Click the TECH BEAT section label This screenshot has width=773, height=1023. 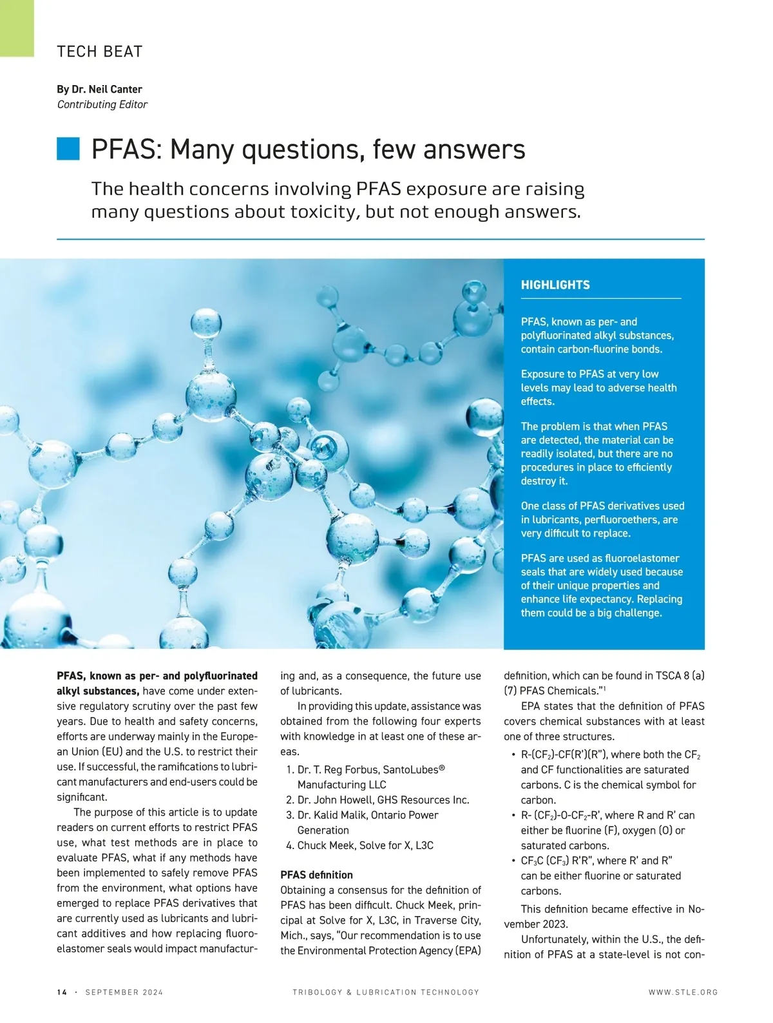(100, 52)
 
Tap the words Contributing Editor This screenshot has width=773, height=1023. (102, 104)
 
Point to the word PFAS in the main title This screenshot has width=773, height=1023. (126, 149)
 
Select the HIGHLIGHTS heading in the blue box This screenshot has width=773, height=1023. (555, 285)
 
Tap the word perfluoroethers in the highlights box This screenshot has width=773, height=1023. (622, 519)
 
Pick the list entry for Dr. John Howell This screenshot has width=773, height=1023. (383, 799)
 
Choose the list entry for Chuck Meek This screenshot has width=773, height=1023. (365, 845)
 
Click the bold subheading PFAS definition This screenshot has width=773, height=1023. (316, 875)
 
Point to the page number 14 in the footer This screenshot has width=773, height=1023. (62, 992)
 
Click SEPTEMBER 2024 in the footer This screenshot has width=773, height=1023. (124, 992)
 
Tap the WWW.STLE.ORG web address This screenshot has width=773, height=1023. (683, 992)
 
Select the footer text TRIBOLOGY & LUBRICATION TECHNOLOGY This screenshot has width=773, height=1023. (386, 992)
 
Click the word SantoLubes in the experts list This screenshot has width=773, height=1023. (413, 769)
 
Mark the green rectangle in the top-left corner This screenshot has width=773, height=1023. (17, 28)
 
